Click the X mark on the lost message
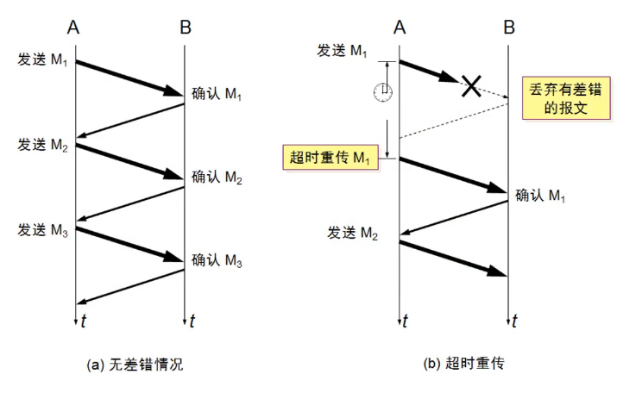(470, 85)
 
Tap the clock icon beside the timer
(382, 91)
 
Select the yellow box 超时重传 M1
(330, 158)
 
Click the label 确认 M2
(217, 178)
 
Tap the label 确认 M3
(217, 259)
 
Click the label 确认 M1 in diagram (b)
(541, 196)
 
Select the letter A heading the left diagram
(74, 28)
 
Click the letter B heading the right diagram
(509, 28)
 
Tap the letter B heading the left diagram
(186, 28)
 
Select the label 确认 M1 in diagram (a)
(217, 94)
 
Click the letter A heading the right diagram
(400, 28)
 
